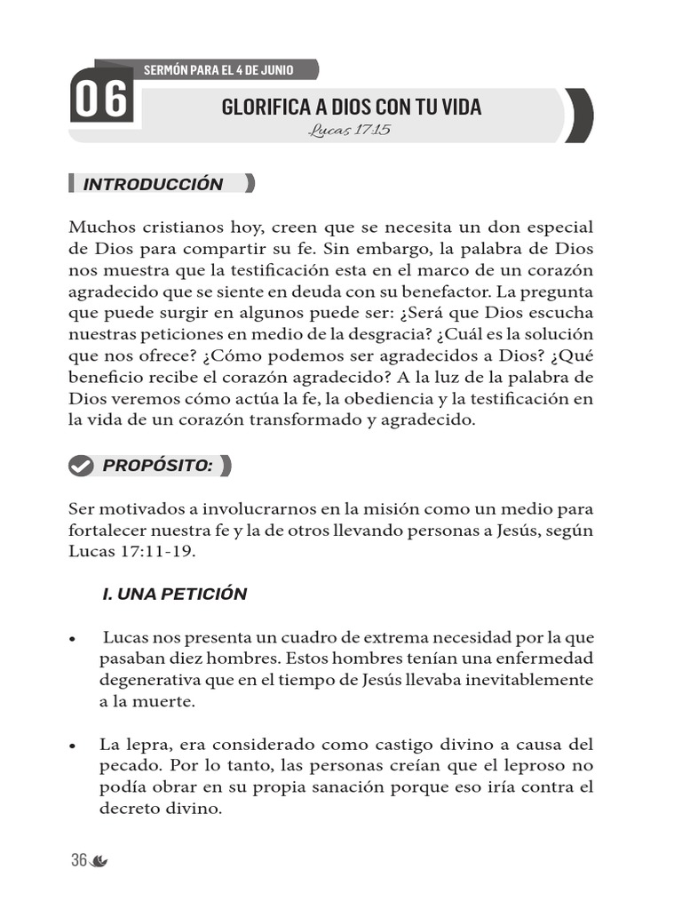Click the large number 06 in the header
click(100, 100)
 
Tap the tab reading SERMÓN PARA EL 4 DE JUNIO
click(218, 69)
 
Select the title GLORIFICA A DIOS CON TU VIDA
click(351, 108)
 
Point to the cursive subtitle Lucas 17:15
click(350, 130)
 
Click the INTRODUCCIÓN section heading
click(153, 185)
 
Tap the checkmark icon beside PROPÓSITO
click(81, 466)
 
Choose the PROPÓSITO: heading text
click(157, 466)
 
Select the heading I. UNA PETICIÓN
click(174, 595)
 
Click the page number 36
click(79, 860)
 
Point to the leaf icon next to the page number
click(99, 861)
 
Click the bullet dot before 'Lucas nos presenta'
click(72, 640)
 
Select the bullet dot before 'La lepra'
click(72, 746)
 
